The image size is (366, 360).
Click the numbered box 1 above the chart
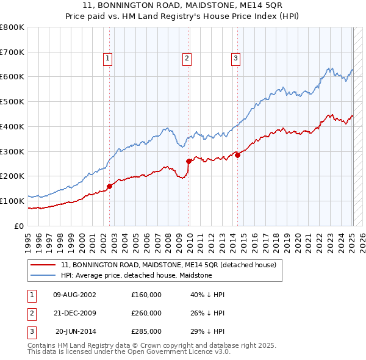pyautogui.click(x=107, y=59)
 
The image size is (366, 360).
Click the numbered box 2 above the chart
pyautogui.click(x=186, y=59)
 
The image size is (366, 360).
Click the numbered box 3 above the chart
pyautogui.click(x=235, y=59)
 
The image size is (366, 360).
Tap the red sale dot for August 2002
pyautogui.click(x=110, y=185)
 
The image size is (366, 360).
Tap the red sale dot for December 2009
pyautogui.click(x=189, y=161)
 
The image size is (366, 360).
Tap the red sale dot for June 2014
pyautogui.click(x=238, y=155)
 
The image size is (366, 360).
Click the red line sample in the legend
pyautogui.click(x=43, y=265)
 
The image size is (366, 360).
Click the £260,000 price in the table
pyautogui.click(x=146, y=313)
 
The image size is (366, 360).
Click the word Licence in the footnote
pyautogui.click(x=187, y=351)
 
